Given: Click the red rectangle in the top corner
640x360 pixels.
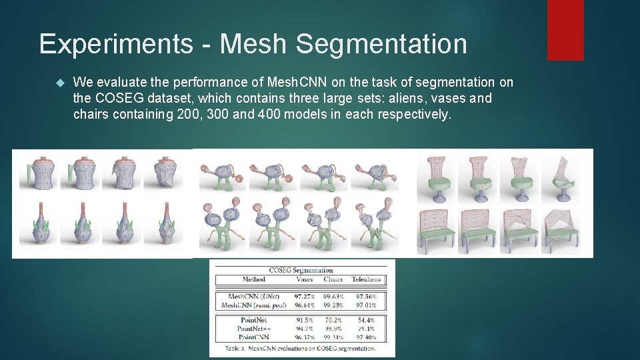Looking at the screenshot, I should [x=565, y=29].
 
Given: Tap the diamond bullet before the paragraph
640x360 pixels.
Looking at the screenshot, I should [x=59, y=83].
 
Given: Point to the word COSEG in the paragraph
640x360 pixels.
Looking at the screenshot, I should [x=124, y=98].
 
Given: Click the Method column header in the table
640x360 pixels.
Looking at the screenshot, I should [x=253, y=280].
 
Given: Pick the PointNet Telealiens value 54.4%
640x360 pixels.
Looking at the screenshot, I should [x=365, y=320].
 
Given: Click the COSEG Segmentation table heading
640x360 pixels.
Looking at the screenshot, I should [x=301, y=270].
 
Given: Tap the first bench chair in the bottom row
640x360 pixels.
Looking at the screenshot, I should [x=436, y=230].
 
